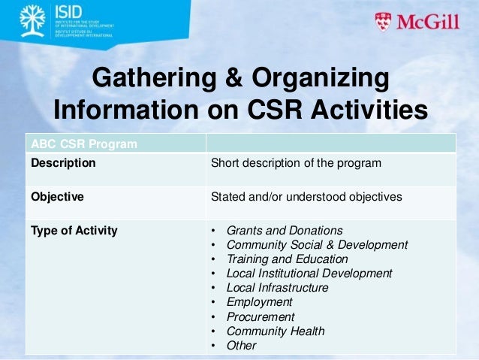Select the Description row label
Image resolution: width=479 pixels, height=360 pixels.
point(63,162)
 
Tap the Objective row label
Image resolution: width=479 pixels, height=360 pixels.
point(57,197)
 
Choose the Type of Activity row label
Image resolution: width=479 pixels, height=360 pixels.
point(74,231)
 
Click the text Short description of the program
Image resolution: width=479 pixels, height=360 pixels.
point(296,162)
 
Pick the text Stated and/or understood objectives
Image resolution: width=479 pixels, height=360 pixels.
point(306,197)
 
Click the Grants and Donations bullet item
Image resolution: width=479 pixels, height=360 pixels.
point(285,231)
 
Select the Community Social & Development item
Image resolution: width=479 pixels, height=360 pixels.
point(317,245)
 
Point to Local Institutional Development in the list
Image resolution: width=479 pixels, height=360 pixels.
point(309,274)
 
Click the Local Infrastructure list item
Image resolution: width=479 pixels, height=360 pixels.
point(277,288)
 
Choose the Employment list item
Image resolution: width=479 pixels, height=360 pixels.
point(259,302)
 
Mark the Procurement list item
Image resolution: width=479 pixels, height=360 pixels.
point(261,317)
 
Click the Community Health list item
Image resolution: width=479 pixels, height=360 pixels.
point(276,331)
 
